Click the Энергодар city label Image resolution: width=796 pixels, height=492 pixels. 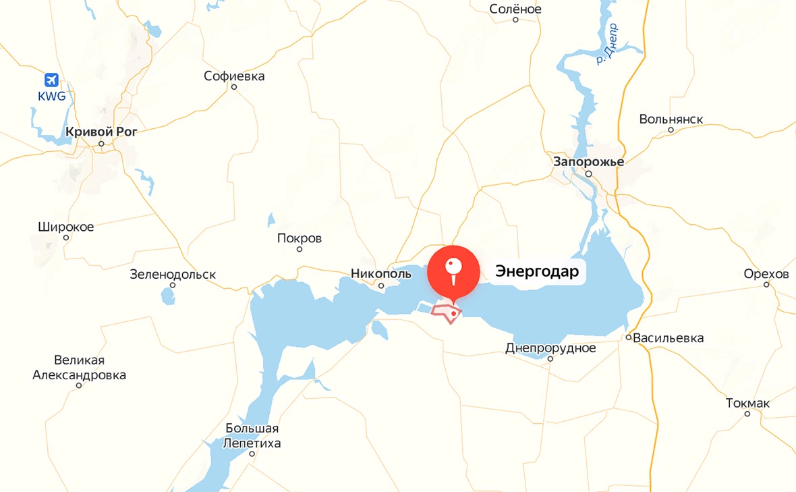[x=537, y=271]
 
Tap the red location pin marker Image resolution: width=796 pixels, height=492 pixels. [x=454, y=271]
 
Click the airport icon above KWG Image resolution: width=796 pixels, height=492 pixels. [x=51, y=80]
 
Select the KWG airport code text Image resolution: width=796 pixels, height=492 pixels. [x=52, y=96]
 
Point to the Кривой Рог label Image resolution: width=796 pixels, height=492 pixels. [x=101, y=132]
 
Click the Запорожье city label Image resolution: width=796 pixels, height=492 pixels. [x=588, y=161]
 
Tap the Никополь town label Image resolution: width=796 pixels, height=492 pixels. [x=380, y=273]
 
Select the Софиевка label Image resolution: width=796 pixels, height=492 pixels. [x=234, y=76]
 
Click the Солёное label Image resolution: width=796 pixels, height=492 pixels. [x=515, y=9]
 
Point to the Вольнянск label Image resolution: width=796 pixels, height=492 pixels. [x=671, y=119]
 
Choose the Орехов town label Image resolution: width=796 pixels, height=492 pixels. [x=766, y=273]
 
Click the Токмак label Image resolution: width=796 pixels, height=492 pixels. [x=747, y=403]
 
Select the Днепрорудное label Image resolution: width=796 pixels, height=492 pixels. [x=550, y=348]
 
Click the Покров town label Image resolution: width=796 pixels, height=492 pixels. [x=300, y=238]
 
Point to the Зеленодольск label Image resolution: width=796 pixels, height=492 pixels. [x=173, y=275]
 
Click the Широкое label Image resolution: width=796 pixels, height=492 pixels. [x=66, y=227]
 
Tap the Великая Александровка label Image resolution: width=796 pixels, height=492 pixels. [x=79, y=368]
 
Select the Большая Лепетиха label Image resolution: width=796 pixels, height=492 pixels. [x=252, y=436]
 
